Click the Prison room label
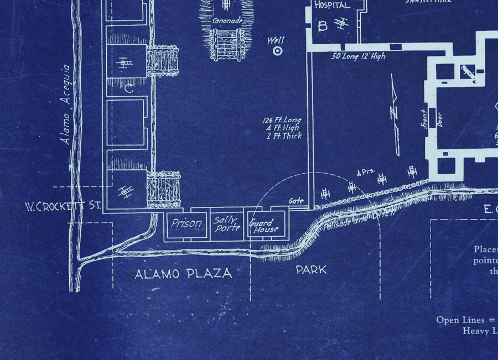tap(186, 224)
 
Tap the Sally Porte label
tap(226, 224)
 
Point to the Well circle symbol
tap(277, 51)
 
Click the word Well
tap(276, 40)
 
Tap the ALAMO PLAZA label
tap(184, 273)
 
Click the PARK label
tap(311, 270)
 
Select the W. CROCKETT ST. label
tap(63, 207)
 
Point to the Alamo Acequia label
tap(66, 105)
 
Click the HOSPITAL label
tap(332, 6)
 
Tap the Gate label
tap(296, 201)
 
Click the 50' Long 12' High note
tap(359, 56)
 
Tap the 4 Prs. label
tap(366, 173)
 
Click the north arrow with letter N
tap(396, 114)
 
